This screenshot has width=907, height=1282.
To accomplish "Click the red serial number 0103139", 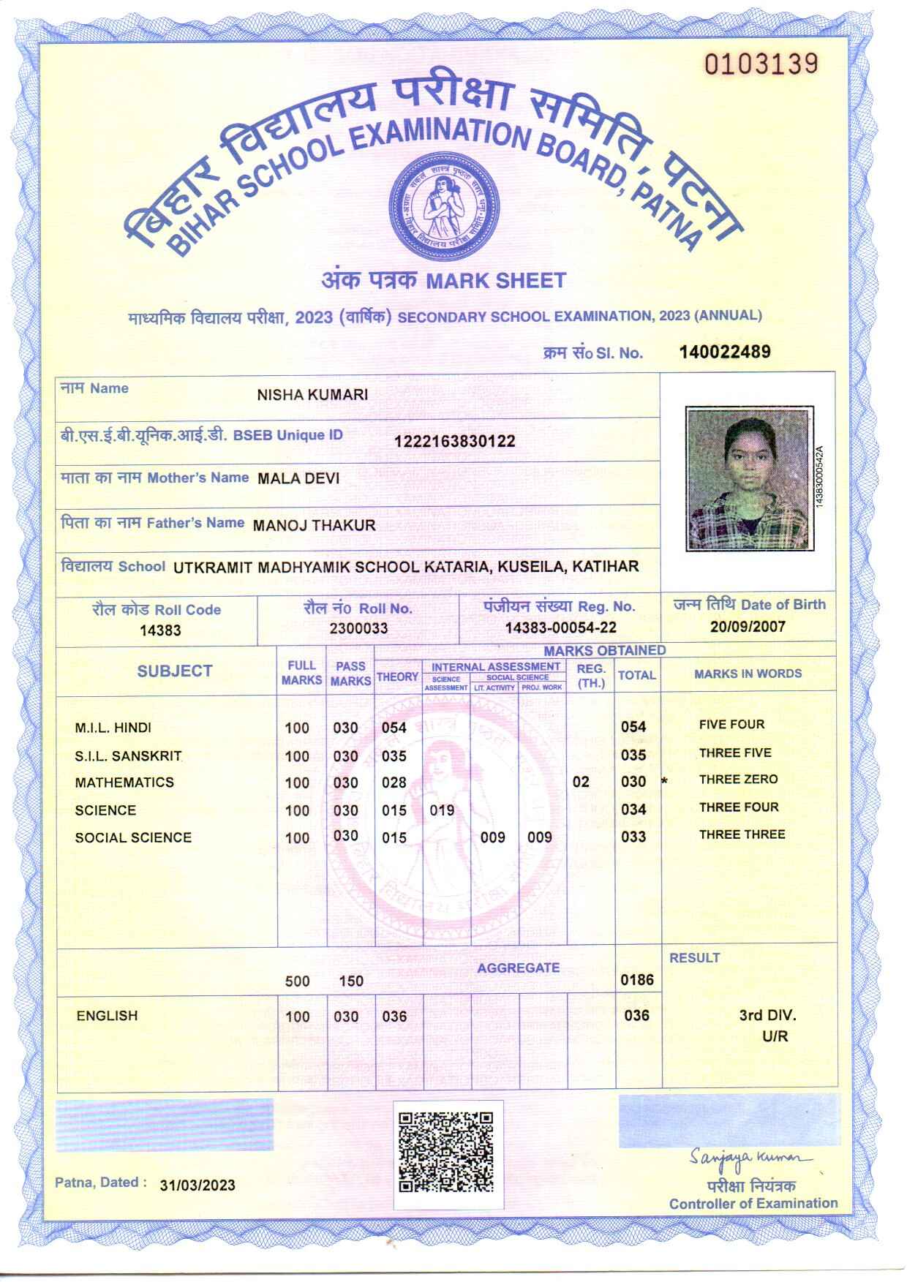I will [x=761, y=64].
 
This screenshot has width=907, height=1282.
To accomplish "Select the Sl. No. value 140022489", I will [x=724, y=352].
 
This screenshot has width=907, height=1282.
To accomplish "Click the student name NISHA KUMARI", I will [x=312, y=395].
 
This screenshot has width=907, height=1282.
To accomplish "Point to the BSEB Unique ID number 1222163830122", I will [x=454, y=441].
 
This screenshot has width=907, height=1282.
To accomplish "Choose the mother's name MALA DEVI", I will [x=298, y=479].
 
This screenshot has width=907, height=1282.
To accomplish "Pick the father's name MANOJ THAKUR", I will [x=314, y=525].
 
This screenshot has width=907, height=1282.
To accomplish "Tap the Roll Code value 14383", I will [x=160, y=630].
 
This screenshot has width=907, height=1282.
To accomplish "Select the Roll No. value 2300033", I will [x=358, y=628].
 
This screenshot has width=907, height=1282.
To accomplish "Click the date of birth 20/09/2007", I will [x=748, y=626].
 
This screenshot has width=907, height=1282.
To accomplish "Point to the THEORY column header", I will [x=398, y=677].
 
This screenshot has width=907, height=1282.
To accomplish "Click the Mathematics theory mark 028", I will [x=394, y=783].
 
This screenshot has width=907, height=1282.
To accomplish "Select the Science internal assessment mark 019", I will [x=442, y=810].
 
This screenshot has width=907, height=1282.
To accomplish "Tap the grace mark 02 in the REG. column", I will [x=581, y=782].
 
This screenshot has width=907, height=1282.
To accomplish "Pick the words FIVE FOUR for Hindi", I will [x=731, y=725].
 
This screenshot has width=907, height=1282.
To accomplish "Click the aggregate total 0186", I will [x=637, y=980].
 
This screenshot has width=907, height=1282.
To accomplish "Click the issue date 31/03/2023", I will [x=197, y=1185].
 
